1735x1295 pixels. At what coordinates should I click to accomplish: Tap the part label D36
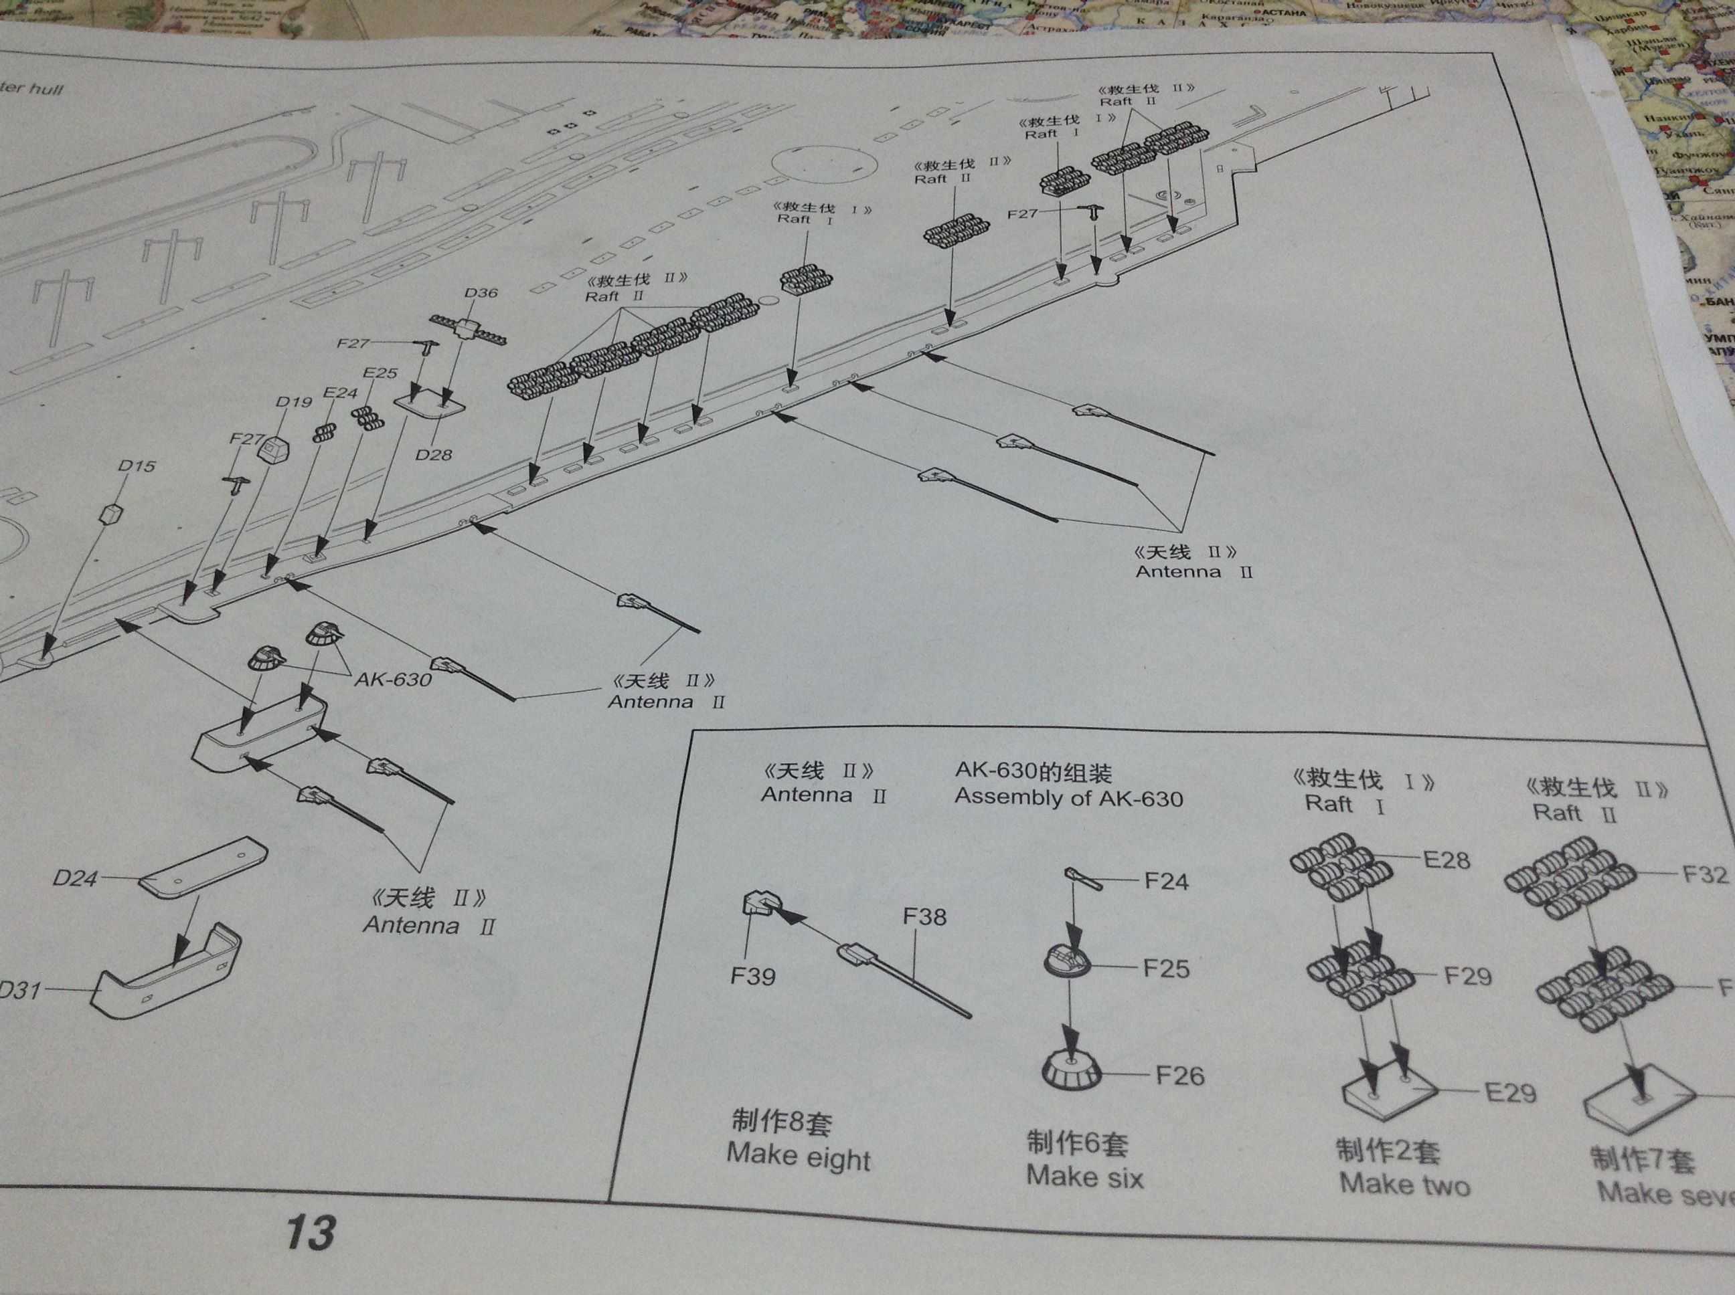480,293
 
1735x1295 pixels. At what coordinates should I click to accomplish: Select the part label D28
433,455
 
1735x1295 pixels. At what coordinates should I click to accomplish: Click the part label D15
137,466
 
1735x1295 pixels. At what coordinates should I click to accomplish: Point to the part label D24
75,878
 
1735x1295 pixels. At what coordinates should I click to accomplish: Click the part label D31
19,990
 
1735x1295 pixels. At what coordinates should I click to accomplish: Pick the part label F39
752,976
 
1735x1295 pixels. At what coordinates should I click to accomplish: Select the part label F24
1165,881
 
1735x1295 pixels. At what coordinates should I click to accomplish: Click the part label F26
1179,1076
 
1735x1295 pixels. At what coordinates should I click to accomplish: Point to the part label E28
1447,860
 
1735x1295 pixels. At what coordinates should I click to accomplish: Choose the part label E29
1510,1092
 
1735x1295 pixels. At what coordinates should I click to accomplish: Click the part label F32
1705,874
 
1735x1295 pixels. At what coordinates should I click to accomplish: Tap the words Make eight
798,1157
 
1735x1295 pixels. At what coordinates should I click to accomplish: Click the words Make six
1085,1177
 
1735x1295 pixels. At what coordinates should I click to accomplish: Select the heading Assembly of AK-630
1068,798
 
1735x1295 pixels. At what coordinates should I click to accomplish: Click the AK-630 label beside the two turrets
392,679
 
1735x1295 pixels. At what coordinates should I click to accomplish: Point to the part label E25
380,373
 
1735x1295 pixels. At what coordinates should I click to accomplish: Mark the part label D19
293,402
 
